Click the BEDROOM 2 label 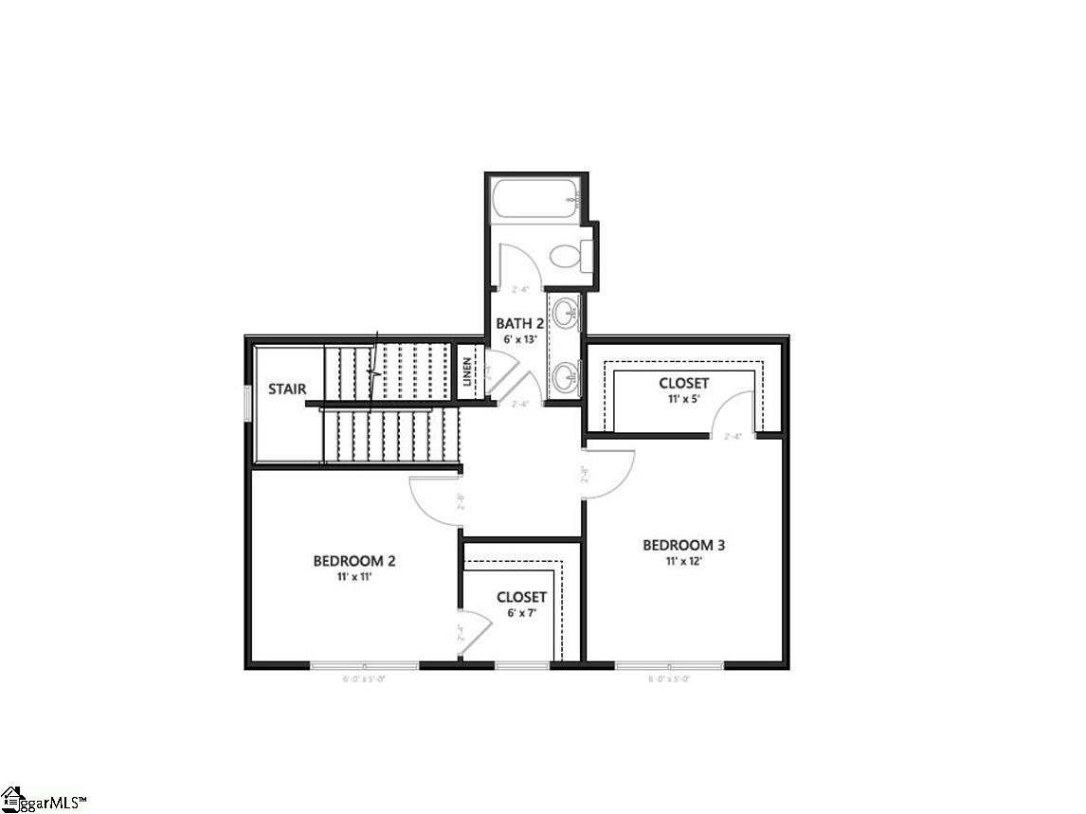click(x=354, y=561)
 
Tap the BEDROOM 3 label click(x=683, y=545)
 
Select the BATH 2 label click(x=519, y=324)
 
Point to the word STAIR click(x=286, y=389)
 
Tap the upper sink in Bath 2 click(x=567, y=312)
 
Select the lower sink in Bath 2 click(x=567, y=375)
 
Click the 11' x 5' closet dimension click(x=683, y=399)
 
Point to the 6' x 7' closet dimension click(x=521, y=614)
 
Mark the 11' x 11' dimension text click(x=354, y=577)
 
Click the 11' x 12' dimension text click(x=683, y=561)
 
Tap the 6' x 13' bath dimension click(x=519, y=339)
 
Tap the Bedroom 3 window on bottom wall click(x=669, y=666)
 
